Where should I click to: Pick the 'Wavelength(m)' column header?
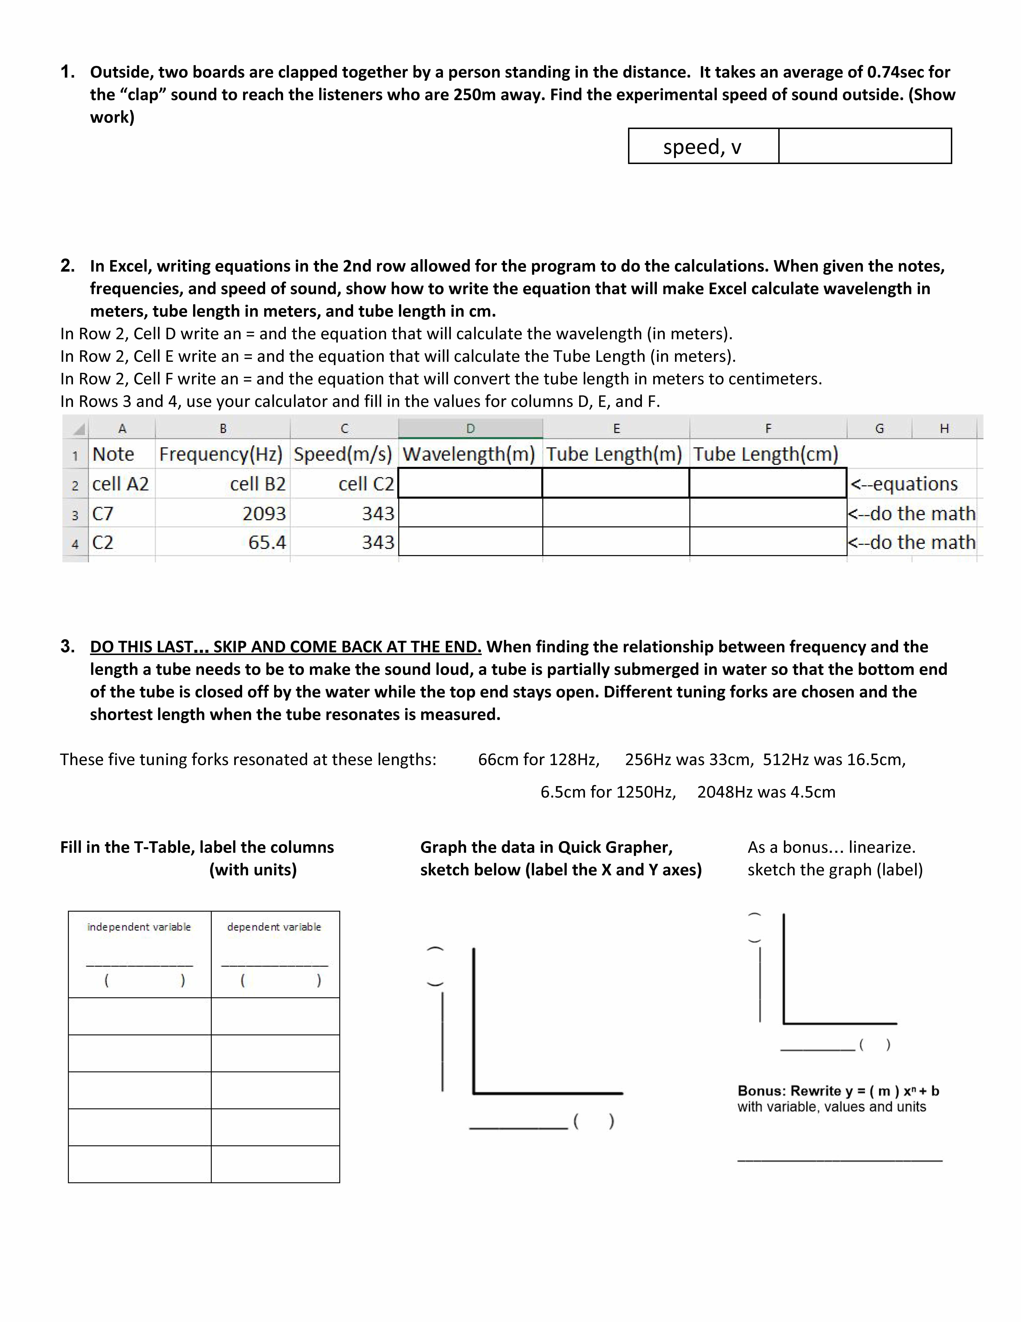click(469, 454)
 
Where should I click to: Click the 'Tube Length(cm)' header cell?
click(766, 454)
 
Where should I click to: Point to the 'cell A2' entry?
click(120, 484)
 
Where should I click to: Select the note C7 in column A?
click(103, 513)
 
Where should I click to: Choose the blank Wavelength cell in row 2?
click(470, 483)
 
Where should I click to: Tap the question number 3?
click(67, 646)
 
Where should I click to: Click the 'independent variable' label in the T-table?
click(139, 927)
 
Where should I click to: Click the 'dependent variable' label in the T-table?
click(274, 927)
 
